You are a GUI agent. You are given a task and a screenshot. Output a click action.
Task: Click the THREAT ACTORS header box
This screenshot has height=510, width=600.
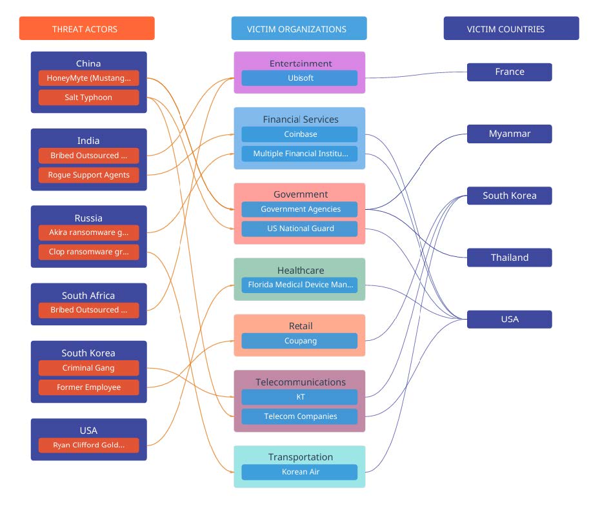86,28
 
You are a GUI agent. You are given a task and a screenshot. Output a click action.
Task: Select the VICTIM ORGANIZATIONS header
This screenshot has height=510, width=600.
299,28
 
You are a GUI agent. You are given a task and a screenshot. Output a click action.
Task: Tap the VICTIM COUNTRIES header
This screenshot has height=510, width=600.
511,28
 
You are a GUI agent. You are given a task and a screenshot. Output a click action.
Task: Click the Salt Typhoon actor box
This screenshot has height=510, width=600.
88,97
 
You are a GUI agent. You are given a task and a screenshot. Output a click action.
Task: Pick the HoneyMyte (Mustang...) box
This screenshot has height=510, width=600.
88,78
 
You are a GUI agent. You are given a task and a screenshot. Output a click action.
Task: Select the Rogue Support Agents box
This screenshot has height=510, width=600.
88,175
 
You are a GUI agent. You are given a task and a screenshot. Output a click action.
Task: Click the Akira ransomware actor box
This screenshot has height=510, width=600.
88,232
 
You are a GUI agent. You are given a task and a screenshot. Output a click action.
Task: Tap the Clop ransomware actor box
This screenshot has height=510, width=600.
88,252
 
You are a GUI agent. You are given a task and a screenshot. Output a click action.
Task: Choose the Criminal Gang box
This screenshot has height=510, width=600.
88,368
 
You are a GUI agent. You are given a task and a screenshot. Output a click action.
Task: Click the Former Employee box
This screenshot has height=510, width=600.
88,387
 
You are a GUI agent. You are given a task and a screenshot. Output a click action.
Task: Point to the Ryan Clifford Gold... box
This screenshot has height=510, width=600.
88,445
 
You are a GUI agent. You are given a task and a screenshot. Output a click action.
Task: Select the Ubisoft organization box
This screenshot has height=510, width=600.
299,78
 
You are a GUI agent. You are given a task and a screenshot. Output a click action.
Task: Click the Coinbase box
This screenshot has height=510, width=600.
299,134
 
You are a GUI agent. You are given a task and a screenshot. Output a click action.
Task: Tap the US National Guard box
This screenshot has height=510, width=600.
299,229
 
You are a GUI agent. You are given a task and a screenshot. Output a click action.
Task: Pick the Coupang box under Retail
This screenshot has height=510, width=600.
299,341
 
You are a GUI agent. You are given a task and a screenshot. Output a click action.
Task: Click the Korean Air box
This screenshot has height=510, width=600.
299,472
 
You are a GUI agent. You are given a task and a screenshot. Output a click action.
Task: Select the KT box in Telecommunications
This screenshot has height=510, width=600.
299,397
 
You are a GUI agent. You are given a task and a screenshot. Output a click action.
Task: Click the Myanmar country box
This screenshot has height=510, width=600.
509,134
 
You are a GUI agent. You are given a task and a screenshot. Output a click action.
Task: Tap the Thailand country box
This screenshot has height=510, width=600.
509,258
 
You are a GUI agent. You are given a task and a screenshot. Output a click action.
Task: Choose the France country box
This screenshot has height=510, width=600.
509,72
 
